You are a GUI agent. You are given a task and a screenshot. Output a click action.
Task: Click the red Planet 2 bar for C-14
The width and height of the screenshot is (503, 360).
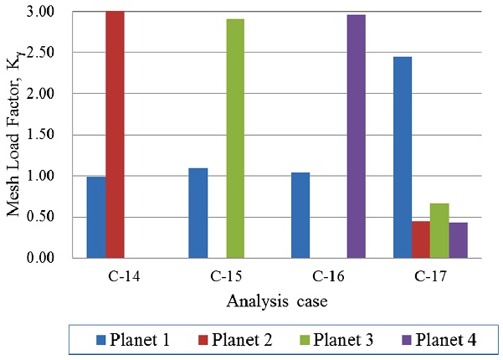pyautogui.click(x=115, y=134)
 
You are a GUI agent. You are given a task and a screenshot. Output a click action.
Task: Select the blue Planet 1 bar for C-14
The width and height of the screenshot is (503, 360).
pyautogui.click(x=95, y=217)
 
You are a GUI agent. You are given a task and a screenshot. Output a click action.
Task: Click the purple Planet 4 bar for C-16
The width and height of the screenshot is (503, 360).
pyautogui.click(x=356, y=136)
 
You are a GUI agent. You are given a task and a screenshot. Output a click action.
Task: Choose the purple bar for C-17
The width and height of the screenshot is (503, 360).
pyautogui.click(x=459, y=240)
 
